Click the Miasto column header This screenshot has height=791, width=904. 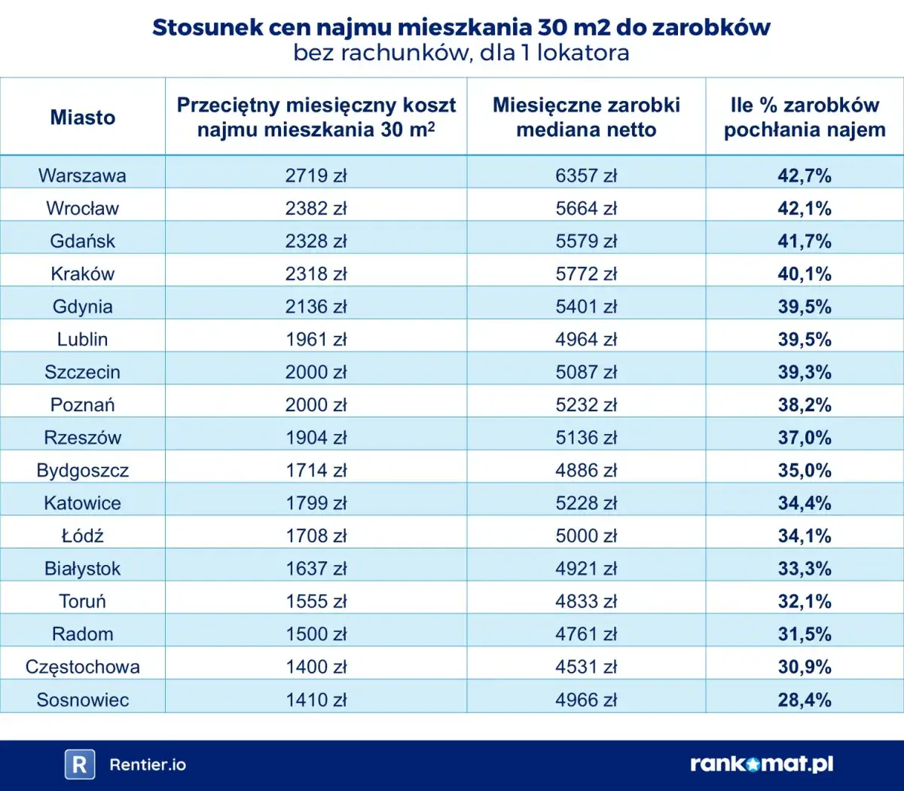point(83,118)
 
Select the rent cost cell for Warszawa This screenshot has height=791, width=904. point(316,176)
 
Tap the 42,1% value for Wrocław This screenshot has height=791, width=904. point(804,209)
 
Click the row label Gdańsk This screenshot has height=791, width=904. point(83,241)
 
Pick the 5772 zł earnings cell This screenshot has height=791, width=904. point(586,274)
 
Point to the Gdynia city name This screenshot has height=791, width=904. point(83,307)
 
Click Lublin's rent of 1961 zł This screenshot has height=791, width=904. point(316,340)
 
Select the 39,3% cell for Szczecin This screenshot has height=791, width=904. point(804,372)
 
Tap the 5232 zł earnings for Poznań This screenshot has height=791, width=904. point(586,405)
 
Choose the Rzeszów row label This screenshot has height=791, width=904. point(83,438)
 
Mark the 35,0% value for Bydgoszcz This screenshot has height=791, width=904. point(804,471)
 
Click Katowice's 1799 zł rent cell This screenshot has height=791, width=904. point(316,503)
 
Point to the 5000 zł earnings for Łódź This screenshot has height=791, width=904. point(586,536)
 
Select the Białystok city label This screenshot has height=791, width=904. point(83,569)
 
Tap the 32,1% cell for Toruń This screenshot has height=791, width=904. point(804,602)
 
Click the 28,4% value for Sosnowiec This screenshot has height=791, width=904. point(804,700)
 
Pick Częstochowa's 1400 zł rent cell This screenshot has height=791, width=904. point(316,667)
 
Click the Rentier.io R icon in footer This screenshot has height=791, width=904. point(79,765)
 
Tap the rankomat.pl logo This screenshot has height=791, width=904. point(762,765)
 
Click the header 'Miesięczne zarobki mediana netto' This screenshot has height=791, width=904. point(586,118)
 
